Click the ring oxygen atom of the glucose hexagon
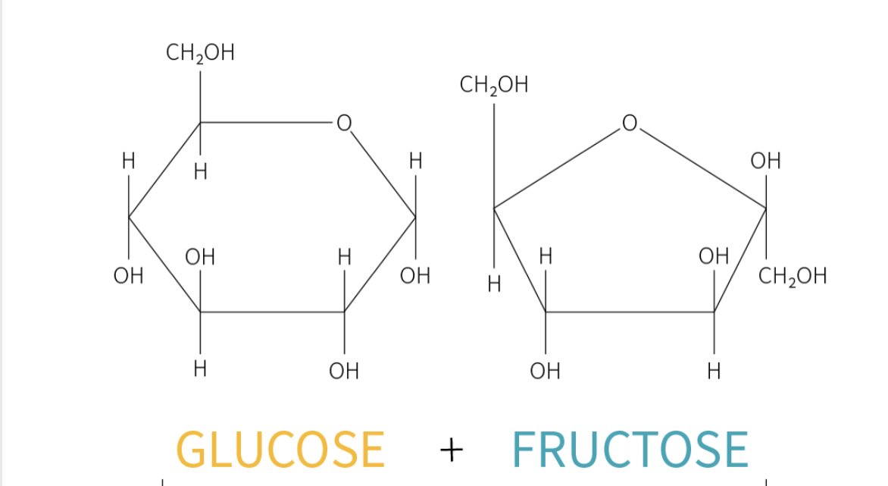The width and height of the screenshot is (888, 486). [344, 123]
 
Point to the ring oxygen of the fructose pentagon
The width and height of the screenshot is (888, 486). [629, 123]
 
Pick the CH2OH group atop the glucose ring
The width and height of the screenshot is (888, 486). [200, 54]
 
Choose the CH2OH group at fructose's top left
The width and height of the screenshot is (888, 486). [493, 85]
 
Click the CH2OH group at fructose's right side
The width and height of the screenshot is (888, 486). [793, 276]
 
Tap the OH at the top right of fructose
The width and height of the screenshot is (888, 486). [765, 161]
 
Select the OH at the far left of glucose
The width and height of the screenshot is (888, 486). [128, 275]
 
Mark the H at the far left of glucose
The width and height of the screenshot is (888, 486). [128, 161]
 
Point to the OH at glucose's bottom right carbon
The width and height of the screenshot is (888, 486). [344, 371]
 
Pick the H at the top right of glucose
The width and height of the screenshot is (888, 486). [415, 161]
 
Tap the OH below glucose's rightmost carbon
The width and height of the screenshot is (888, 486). [415, 275]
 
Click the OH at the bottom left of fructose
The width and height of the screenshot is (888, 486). [545, 371]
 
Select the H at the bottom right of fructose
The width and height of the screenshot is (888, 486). [713, 371]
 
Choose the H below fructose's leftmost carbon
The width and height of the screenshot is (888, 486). [494, 285]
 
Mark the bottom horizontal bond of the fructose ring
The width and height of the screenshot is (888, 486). [629, 312]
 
